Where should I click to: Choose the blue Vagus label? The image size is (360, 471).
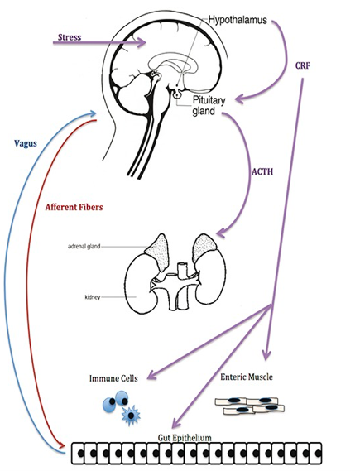point(30,142)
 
